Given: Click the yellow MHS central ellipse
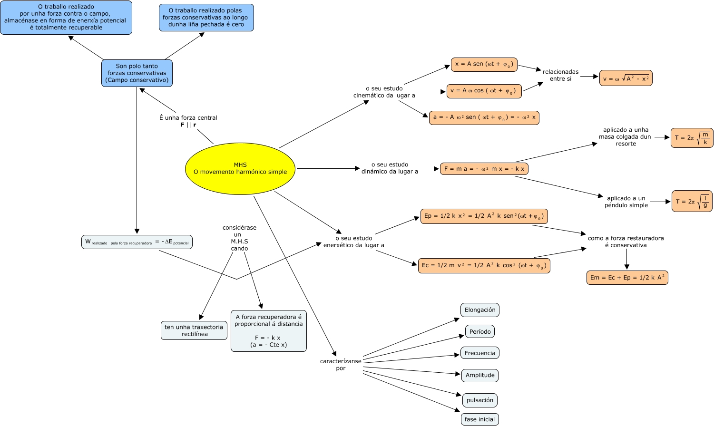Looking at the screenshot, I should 240,169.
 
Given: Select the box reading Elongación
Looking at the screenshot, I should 480,310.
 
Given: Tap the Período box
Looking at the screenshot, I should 480,332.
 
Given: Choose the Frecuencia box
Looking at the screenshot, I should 480,353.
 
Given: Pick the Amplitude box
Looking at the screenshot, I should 480,376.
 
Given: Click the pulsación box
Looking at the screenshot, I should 480,400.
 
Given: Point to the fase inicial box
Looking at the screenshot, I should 479,419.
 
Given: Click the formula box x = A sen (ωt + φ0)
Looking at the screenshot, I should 484,65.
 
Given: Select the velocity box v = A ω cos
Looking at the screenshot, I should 484,91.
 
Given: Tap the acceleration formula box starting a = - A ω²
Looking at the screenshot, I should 484,117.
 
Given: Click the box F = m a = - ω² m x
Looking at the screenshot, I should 484,169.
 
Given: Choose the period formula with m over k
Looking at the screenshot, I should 692,138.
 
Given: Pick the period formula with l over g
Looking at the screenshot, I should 692,201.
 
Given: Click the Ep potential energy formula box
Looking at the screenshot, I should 484,216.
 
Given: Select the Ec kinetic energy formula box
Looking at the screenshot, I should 484,266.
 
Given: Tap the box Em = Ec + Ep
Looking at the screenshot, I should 627,278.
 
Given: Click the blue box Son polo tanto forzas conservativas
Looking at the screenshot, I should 137,73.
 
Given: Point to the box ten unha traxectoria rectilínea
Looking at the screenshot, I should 194,330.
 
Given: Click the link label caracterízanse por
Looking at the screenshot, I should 341,365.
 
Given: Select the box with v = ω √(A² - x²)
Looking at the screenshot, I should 626,78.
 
